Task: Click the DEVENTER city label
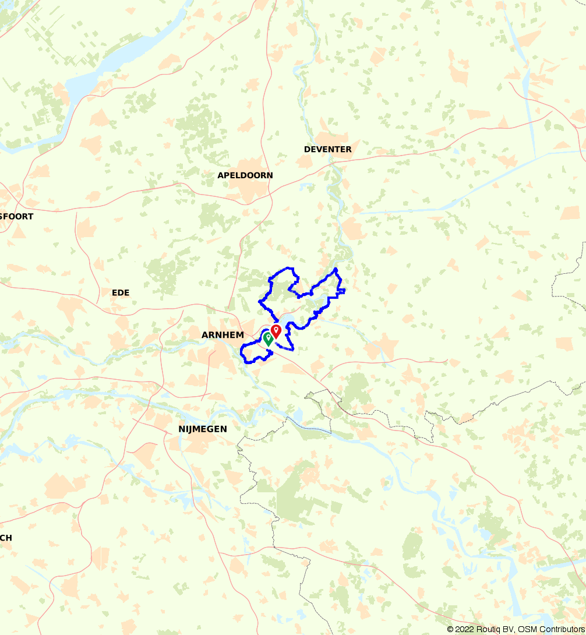(x=327, y=150)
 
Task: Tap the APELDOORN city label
(x=245, y=175)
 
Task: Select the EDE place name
(x=121, y=292)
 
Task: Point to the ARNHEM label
(x=223, y=335)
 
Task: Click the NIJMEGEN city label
(x=203, y=429)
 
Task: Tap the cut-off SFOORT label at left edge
(x=17, y=217)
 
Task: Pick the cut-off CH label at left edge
(x=6, y=538)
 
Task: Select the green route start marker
(x=268, y=338)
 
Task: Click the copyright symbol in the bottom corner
(x=450, y=629)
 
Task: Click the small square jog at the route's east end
(x=342, y=290)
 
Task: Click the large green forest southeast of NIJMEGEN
(x=297, y=495)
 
